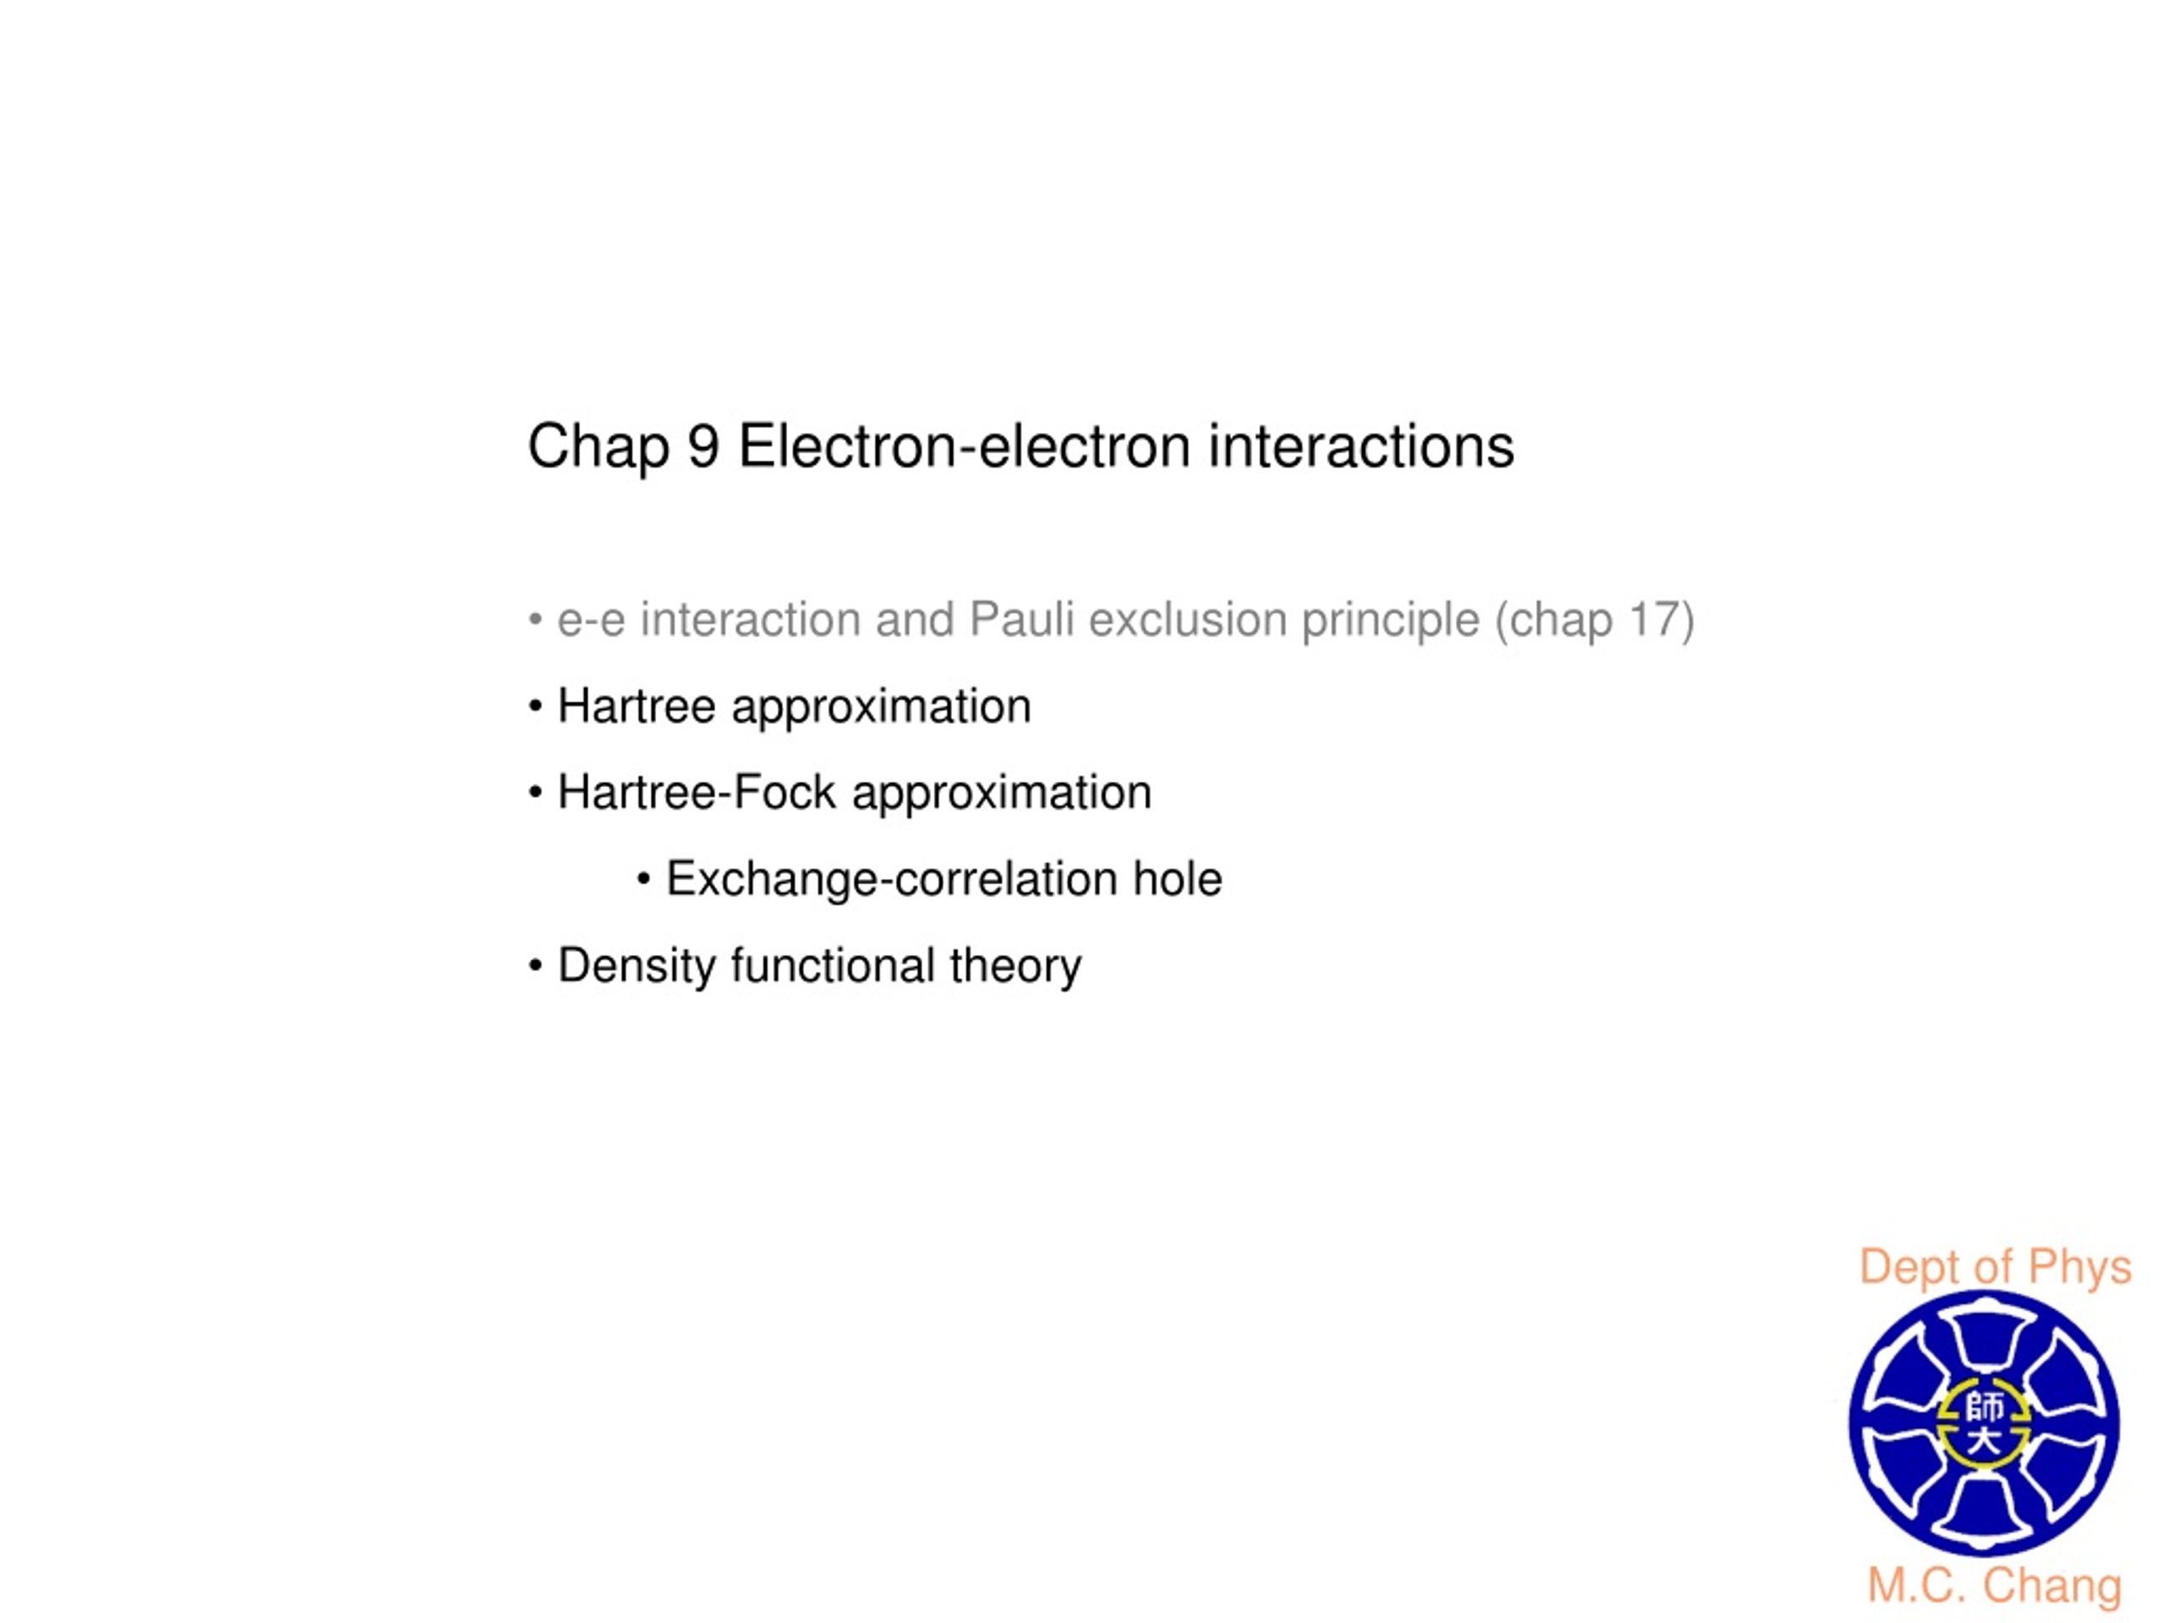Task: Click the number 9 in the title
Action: (x=703, y=447)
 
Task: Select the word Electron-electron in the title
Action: (x=964, y=447)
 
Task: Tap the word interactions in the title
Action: (x=1361, y=447)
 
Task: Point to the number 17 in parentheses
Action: (x=1652, y=620)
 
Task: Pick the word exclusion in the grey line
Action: (x=1188, y=620)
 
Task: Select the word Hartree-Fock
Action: (x=697, y=792)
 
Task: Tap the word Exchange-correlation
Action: (x=891, y=879)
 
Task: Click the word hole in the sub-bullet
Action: (x=1178, y=878)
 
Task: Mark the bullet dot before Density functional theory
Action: (x=535, y=966)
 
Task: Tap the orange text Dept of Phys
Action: (x=1995, y=1269)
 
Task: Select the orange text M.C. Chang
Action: (x=1995, y=1587)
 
